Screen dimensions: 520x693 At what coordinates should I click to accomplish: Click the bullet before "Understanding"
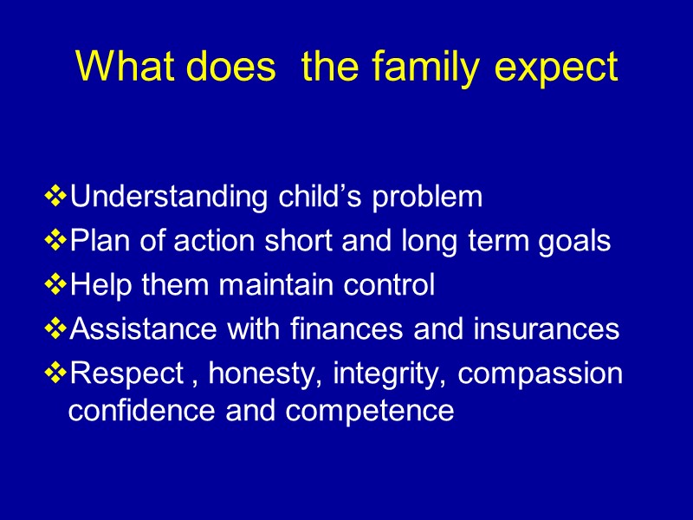click(x=55, y=198)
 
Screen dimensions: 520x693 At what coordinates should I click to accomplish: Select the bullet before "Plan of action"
click(x=55, y=242)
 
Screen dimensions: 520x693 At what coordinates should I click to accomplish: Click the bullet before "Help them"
click(x=55, y=285)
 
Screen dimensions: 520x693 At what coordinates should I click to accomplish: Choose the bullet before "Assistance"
click(x=55, y=329)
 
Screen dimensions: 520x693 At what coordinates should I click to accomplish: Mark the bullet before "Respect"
click(x=55, y=374)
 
